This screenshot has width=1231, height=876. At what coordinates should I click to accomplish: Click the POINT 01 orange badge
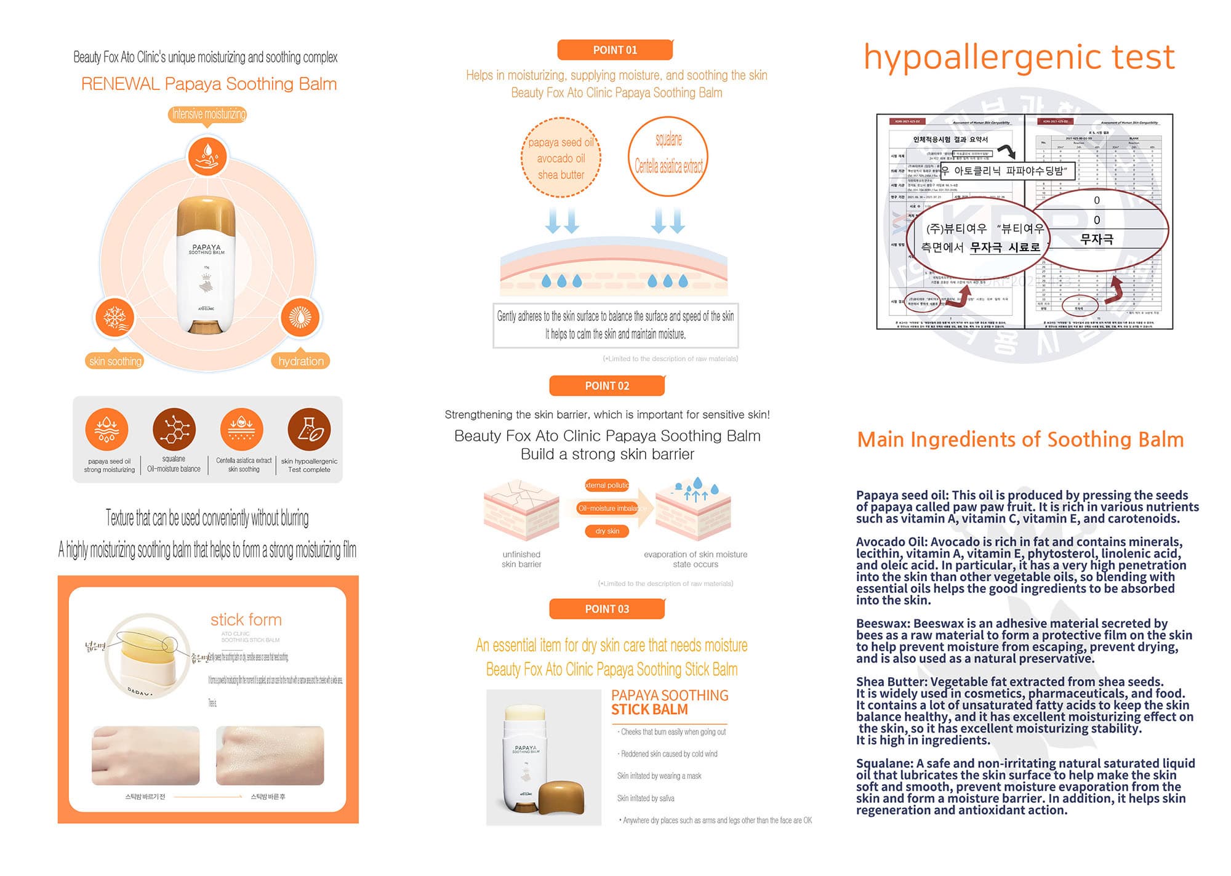615,50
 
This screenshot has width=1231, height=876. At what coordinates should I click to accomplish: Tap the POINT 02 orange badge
607,386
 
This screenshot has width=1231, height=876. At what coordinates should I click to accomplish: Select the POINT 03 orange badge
607,609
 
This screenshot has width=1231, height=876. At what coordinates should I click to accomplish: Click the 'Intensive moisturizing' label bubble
208,114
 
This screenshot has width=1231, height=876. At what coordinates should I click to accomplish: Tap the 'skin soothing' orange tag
115,361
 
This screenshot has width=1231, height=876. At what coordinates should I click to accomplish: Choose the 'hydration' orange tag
300,361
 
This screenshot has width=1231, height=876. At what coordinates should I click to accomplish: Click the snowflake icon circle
114,318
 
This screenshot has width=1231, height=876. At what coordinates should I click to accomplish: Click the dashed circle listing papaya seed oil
561,158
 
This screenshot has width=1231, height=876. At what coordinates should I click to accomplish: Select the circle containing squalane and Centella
668,156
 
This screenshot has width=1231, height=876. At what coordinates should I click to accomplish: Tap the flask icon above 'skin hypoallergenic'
309,429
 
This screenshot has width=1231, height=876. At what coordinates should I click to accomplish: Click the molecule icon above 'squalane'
174,429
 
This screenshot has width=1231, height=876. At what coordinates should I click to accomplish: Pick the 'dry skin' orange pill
607,531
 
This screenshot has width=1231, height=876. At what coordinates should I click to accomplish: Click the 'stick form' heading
246,619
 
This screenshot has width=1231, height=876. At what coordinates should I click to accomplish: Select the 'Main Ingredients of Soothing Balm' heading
1020,440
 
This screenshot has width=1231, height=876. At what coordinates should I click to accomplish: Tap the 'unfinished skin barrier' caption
521,559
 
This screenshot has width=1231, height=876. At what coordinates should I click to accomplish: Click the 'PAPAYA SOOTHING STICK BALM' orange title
669,702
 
